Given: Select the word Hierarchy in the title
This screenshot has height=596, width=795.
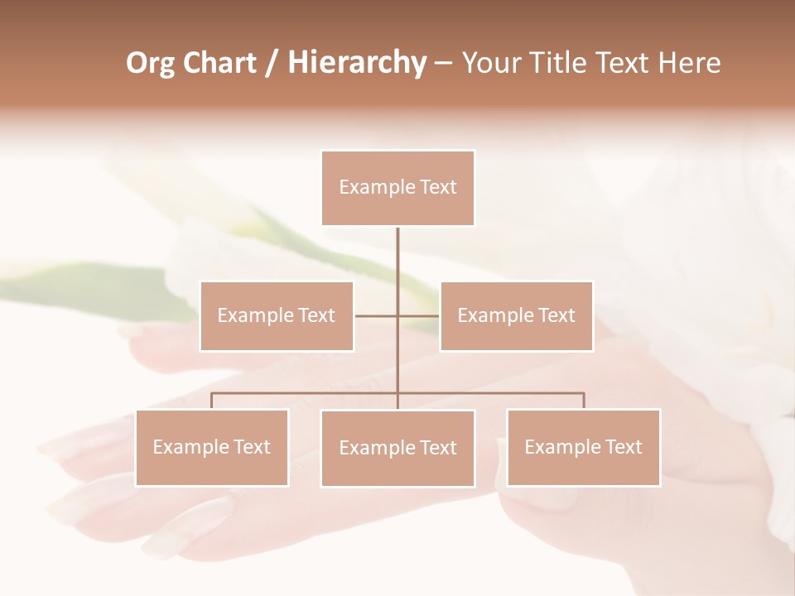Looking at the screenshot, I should point(356,63).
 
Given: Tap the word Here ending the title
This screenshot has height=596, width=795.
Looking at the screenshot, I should point(689,63).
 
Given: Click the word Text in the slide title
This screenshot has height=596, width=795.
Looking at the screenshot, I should point(628,63).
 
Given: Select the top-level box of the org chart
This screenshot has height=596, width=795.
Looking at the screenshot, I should point(397,188).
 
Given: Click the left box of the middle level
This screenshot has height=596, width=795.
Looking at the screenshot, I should point(277,315).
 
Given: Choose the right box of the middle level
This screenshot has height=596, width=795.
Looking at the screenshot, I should point(516,315).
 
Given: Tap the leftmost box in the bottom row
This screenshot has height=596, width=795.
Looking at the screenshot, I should point(212,447).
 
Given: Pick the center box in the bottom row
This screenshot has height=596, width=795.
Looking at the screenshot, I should point(397,448).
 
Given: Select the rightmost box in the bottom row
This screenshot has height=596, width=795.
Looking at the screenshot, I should point(583,447).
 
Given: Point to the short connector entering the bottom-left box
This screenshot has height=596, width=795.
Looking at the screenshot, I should point(212,401).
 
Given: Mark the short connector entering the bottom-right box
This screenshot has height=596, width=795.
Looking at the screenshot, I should point(584,401).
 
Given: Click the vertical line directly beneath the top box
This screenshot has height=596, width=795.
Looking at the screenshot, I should point(397,257).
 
